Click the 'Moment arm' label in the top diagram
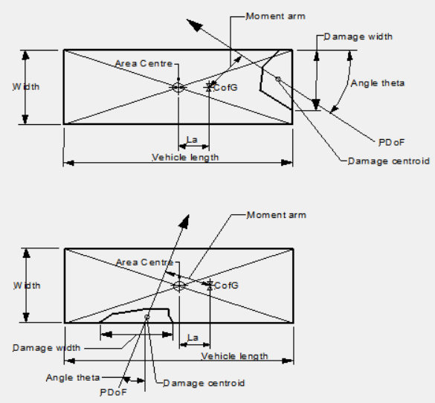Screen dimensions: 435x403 point(276,16)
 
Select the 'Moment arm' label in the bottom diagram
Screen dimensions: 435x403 point(277,215)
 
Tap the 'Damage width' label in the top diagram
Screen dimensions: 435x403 point(358,36)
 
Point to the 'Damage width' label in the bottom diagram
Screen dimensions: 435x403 point(46,348)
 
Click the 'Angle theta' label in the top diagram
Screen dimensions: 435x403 point(378,83)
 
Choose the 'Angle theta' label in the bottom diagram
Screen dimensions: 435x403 point(73,378)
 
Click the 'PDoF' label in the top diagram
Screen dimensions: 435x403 point(392,143)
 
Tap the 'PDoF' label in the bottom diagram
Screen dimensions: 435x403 point(113,392)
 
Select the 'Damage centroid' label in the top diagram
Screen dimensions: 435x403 point(389,161)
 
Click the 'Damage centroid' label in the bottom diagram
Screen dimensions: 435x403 point(204,383)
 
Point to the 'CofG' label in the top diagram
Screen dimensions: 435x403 point(225,88)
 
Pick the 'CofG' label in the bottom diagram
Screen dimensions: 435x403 point(226,286)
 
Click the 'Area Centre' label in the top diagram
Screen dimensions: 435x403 point(144,63)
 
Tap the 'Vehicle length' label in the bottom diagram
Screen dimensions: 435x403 point(235,356)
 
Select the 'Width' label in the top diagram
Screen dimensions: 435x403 point(26,87)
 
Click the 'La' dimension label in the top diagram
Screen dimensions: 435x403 point(192,140)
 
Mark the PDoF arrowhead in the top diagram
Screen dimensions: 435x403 point(195,25)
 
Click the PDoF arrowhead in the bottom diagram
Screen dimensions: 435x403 point(185,222)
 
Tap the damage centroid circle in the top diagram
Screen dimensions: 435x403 point(278,79)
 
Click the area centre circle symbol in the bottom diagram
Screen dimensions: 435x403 point(179,286)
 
